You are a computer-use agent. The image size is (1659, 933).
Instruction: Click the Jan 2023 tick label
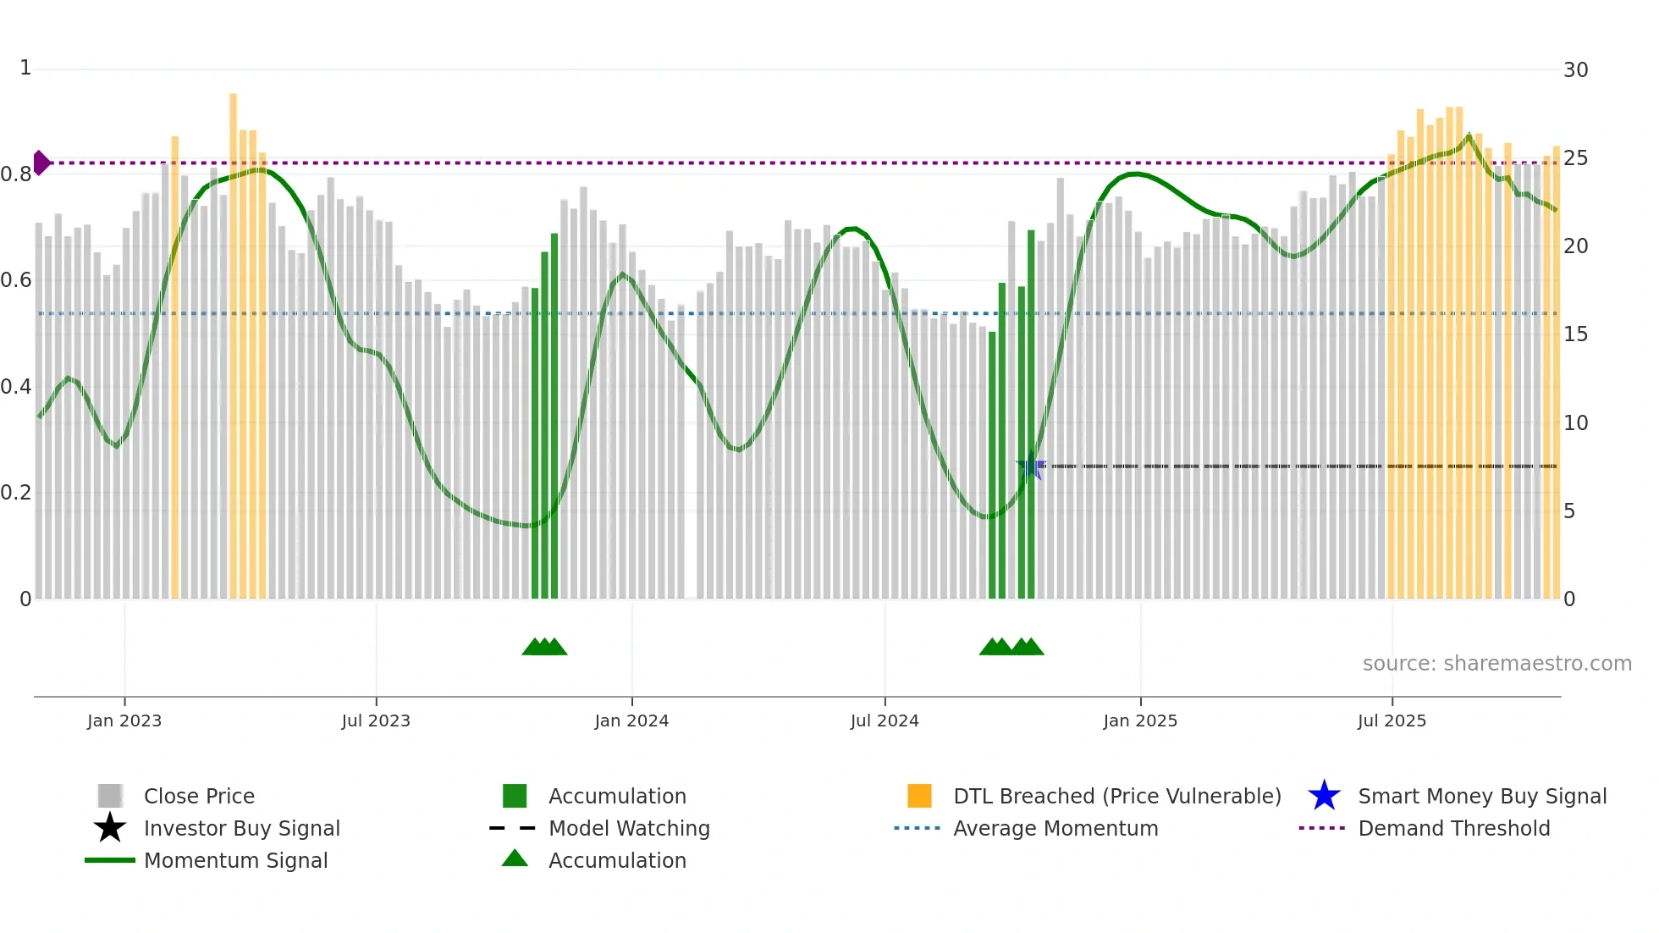point(124,720)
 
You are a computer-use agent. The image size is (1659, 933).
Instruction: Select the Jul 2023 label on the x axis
point(376,720)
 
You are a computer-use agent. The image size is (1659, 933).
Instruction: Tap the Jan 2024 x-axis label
point(631,720)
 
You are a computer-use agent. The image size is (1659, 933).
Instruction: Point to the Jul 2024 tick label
point(885,720)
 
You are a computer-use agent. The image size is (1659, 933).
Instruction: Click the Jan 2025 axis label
point(1140,720)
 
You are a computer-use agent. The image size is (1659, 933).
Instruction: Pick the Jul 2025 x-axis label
point(1392,720)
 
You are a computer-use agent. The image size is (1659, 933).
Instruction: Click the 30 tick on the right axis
point(1575,70)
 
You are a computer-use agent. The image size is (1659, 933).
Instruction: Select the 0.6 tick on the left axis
point(16,280)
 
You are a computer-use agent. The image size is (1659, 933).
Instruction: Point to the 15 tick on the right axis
point(1575,334)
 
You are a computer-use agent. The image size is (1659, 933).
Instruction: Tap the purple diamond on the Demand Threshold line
point(41,163)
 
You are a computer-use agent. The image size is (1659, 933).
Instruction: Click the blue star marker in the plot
point(1030,466)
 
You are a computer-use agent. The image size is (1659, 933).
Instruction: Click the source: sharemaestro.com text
point(1496,664)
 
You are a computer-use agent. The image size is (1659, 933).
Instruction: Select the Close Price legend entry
point(199,796)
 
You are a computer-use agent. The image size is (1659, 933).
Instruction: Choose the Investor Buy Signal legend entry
point(241,828)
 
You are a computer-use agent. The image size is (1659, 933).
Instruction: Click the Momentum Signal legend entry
point(235,860)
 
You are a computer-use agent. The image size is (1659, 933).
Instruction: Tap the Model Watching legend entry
point(629,828)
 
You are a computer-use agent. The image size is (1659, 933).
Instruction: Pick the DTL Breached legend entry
point(1116,796)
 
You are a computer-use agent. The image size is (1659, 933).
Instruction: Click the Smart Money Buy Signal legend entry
point(1481,796)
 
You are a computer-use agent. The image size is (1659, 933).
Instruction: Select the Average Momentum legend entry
point(1055,828)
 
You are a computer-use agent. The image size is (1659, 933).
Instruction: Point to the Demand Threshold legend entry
point(1453,828)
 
